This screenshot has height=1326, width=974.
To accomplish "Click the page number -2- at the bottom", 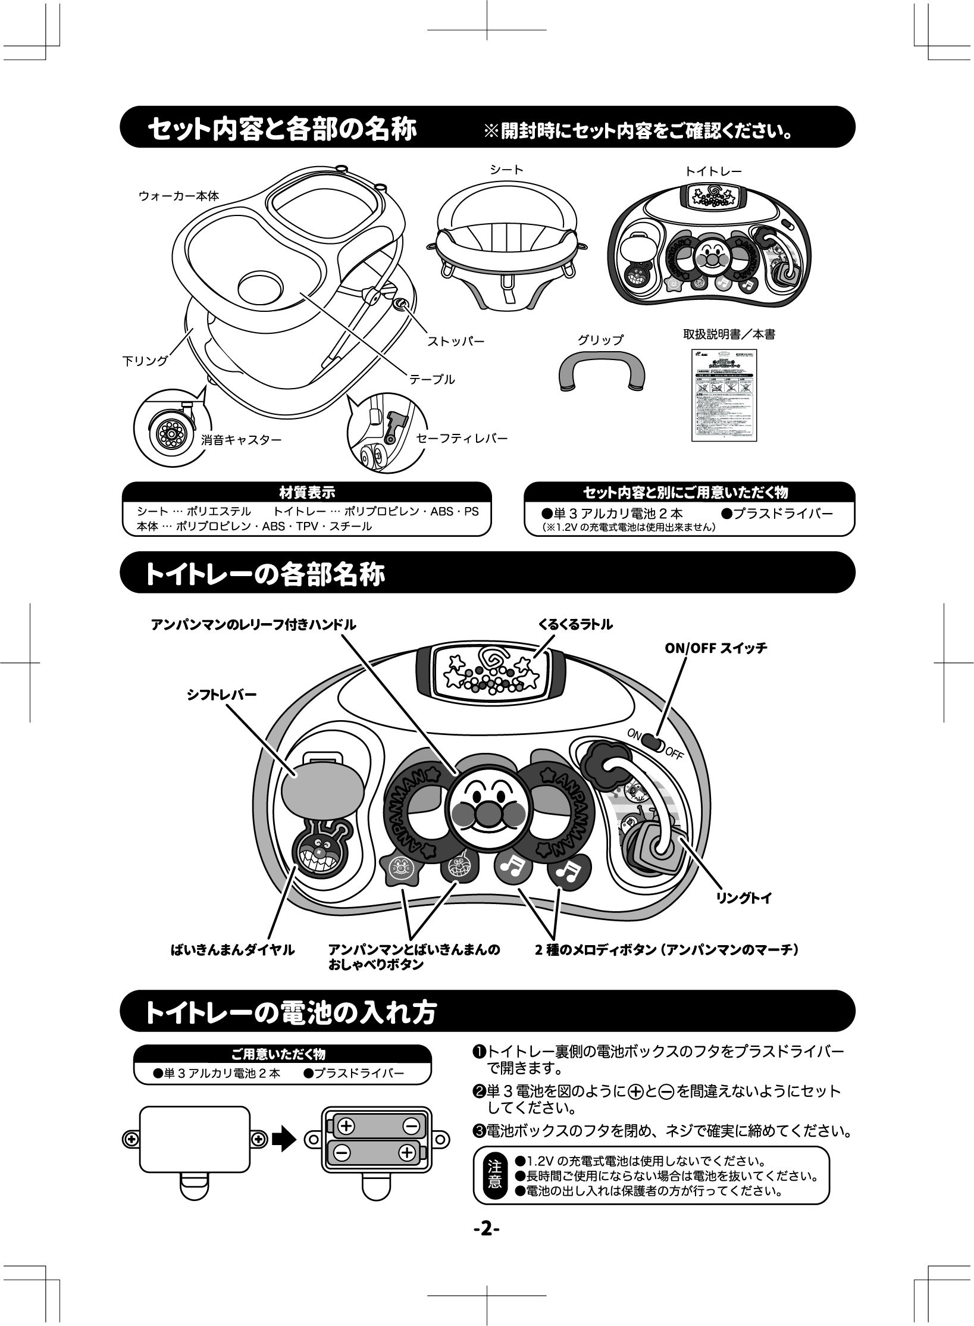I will (486, 1228).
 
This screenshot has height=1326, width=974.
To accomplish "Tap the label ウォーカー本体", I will (178, 196).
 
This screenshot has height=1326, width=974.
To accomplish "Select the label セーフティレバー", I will (462, 439).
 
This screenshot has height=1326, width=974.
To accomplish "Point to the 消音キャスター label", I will (240, 440).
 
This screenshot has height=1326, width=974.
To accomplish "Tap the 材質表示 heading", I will (306, 492).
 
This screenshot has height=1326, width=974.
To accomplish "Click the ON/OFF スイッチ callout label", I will (715, 648).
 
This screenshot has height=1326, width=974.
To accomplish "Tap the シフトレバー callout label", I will (222, 695).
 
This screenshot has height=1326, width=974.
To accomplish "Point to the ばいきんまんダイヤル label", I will (233, 950).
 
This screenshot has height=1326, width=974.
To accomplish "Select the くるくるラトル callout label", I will (575, 624).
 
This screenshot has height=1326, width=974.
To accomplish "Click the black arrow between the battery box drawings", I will (284, 1139).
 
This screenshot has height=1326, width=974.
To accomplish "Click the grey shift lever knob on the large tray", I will (322, 793).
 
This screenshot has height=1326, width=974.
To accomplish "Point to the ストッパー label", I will (456, 342).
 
